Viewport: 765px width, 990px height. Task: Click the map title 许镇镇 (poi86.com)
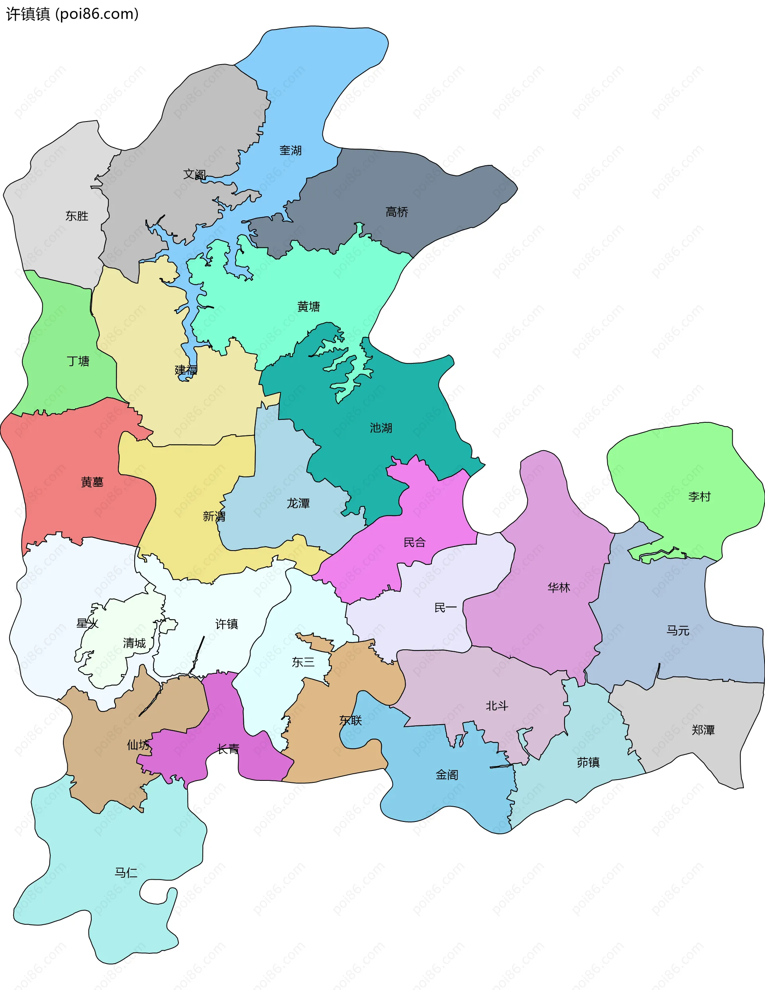72,14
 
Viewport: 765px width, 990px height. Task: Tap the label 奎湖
291,151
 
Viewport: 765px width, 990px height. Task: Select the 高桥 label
397,212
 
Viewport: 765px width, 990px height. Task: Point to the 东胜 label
76,216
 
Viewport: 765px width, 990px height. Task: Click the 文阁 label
194,174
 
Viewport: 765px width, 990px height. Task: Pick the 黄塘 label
308,306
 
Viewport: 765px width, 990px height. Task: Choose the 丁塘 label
78,361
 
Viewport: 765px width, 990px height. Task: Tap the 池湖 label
381,428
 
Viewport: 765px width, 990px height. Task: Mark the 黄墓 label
92,482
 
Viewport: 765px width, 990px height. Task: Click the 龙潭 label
298,503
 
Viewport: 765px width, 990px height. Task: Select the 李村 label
699,497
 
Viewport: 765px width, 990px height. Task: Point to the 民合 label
414,542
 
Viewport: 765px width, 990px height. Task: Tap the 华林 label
559,588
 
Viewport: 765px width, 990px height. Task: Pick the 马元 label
678,630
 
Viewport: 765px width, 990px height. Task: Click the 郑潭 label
703,730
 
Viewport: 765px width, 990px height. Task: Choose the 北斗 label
497,706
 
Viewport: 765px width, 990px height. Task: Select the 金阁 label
447,775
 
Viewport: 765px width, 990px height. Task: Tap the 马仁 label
126,872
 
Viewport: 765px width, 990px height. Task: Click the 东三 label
303,662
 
